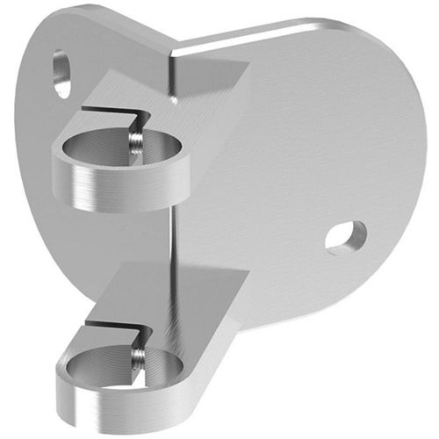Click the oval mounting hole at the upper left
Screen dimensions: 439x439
(61, 73)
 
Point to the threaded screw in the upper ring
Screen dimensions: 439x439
(135, 141)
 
